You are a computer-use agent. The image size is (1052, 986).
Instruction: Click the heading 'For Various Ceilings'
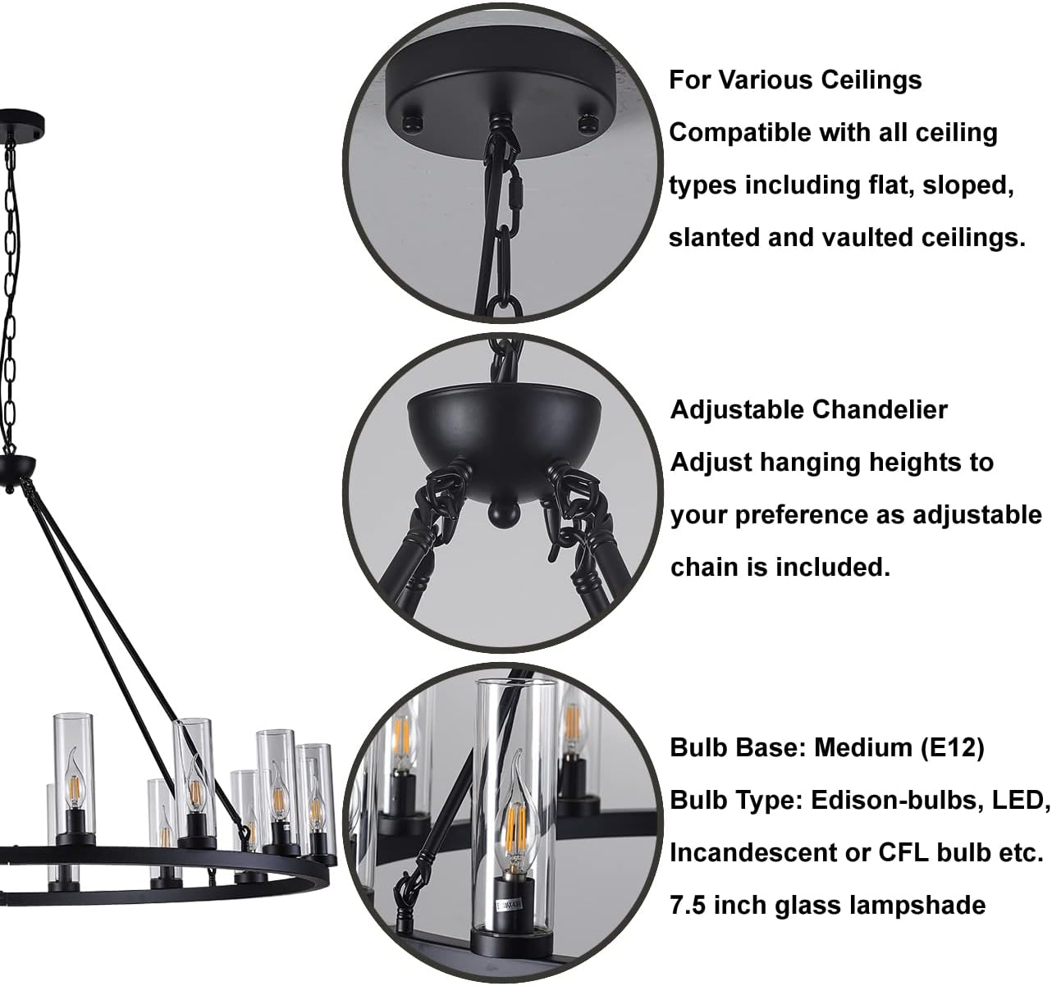[795, 80]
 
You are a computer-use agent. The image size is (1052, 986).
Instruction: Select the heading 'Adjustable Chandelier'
[809, 410]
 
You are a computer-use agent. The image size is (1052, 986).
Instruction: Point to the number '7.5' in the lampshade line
[688, 905]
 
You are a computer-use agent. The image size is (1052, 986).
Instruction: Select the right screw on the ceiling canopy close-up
[588, 123]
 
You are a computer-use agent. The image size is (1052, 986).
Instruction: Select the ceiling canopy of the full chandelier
[21, 123]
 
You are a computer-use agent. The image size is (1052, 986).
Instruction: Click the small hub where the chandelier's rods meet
[16, 471]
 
